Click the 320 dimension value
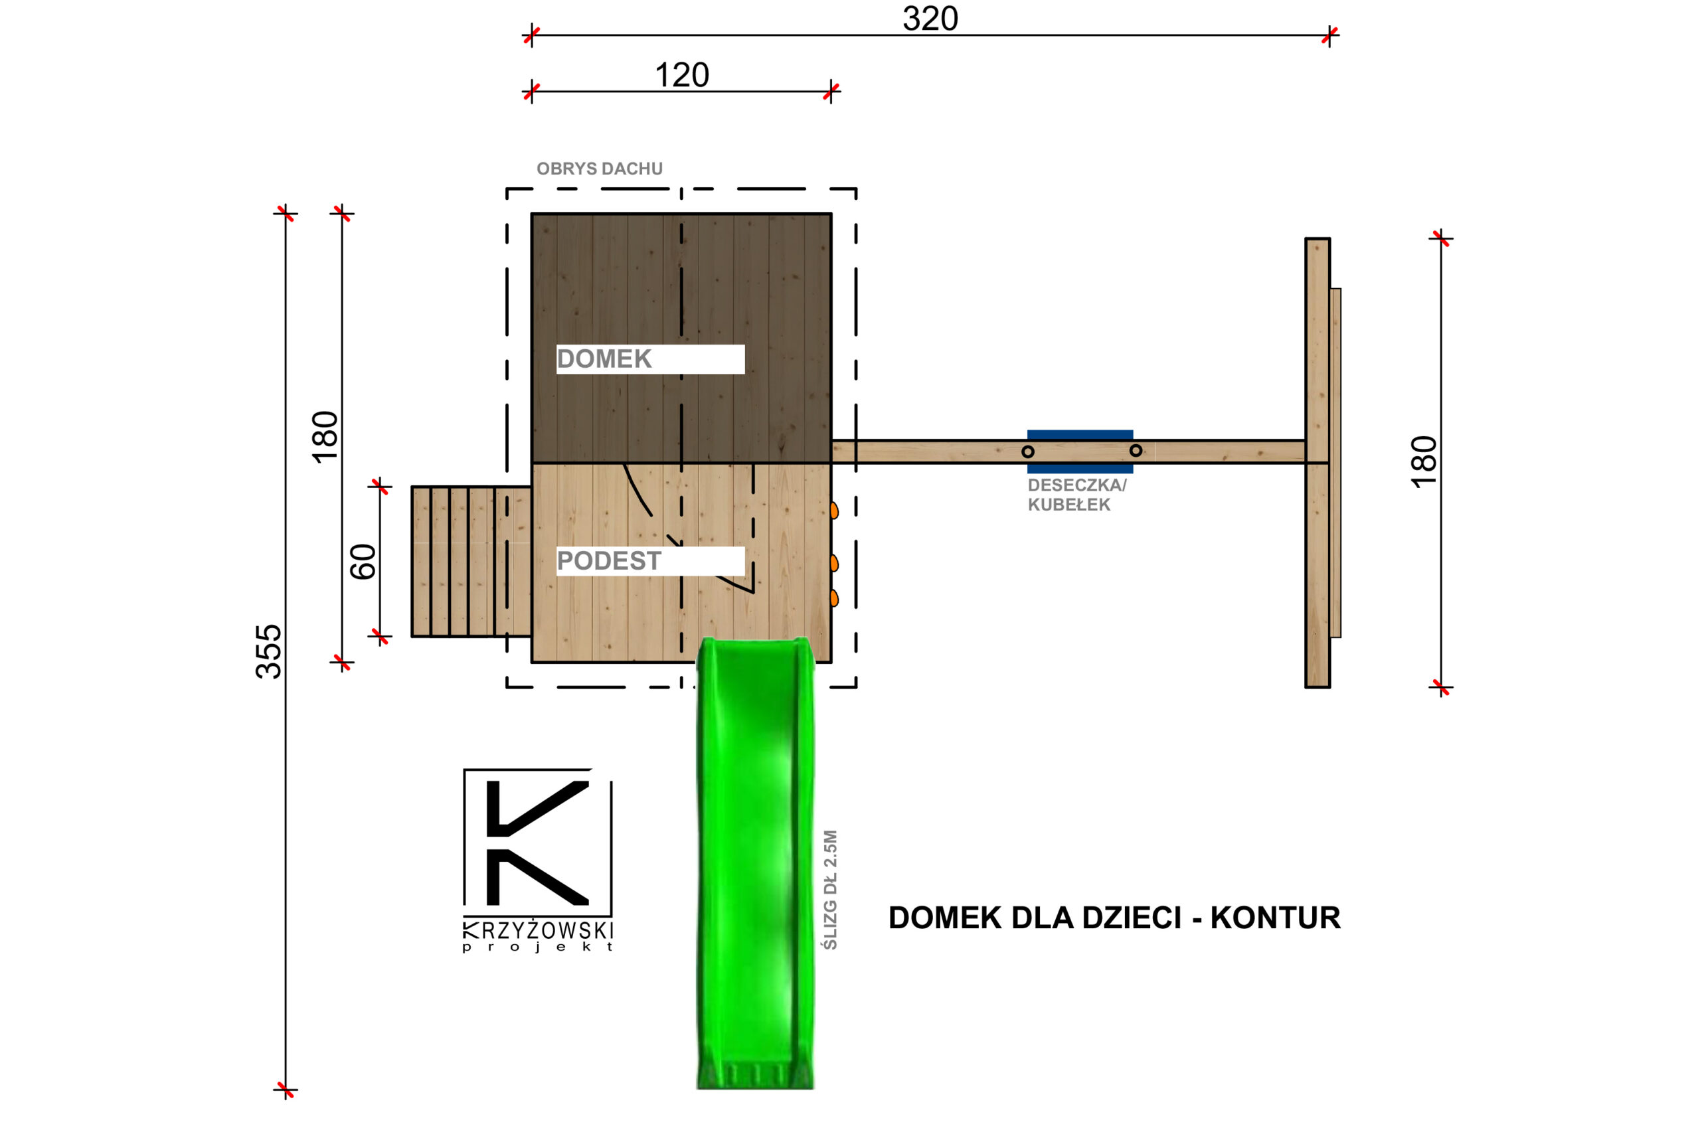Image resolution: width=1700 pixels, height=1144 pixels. point(930,18)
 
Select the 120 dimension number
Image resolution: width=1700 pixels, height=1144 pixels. point(681,75)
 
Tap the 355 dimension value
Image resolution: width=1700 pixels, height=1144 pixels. point(268,651)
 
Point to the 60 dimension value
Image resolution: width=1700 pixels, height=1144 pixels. point(363,562)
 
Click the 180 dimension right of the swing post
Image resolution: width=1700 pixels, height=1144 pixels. point(1424,462)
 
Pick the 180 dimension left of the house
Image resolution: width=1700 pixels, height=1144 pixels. point(325,436)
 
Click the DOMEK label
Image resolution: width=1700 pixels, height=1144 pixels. point(604,359)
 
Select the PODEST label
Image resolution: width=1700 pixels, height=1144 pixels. point(608,561)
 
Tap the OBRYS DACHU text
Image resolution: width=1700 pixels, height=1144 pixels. point(599,169)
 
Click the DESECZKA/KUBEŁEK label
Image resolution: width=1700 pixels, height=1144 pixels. point(1076,495)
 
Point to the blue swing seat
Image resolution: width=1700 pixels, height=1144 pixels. point(1080,436)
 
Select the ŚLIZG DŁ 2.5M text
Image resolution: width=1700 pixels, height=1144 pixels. point(830,890)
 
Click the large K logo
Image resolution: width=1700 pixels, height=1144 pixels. point(537,843)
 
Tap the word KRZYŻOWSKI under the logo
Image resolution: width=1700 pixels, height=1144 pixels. point(538,931)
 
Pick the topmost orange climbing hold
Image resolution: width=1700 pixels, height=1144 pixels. point(834,510)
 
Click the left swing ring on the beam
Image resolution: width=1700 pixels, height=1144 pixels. point(1027,451)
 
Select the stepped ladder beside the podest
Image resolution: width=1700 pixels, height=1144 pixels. point(471,561)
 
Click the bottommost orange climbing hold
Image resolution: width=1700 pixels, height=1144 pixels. point(834,598)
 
